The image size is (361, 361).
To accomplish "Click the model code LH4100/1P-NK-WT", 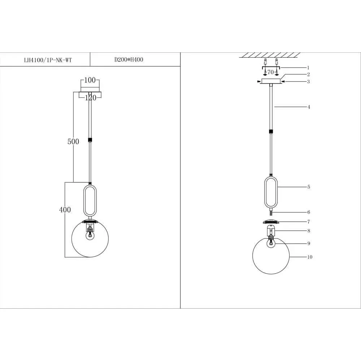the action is coord(48,60).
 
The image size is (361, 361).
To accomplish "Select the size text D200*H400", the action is coord(129,60).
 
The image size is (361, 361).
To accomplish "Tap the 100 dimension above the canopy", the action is coord(90,80).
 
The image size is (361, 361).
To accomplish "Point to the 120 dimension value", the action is coord(91,98).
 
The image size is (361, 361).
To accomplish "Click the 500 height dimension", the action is coord(73,142).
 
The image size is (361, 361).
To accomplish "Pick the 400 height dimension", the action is coord(65,210).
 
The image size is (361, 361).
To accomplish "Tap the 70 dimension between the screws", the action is coord(271,72).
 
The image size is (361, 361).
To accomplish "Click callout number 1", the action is coord(308,68).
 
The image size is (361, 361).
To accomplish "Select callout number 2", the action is coord(309,74).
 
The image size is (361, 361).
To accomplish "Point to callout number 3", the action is coord(309,82).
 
